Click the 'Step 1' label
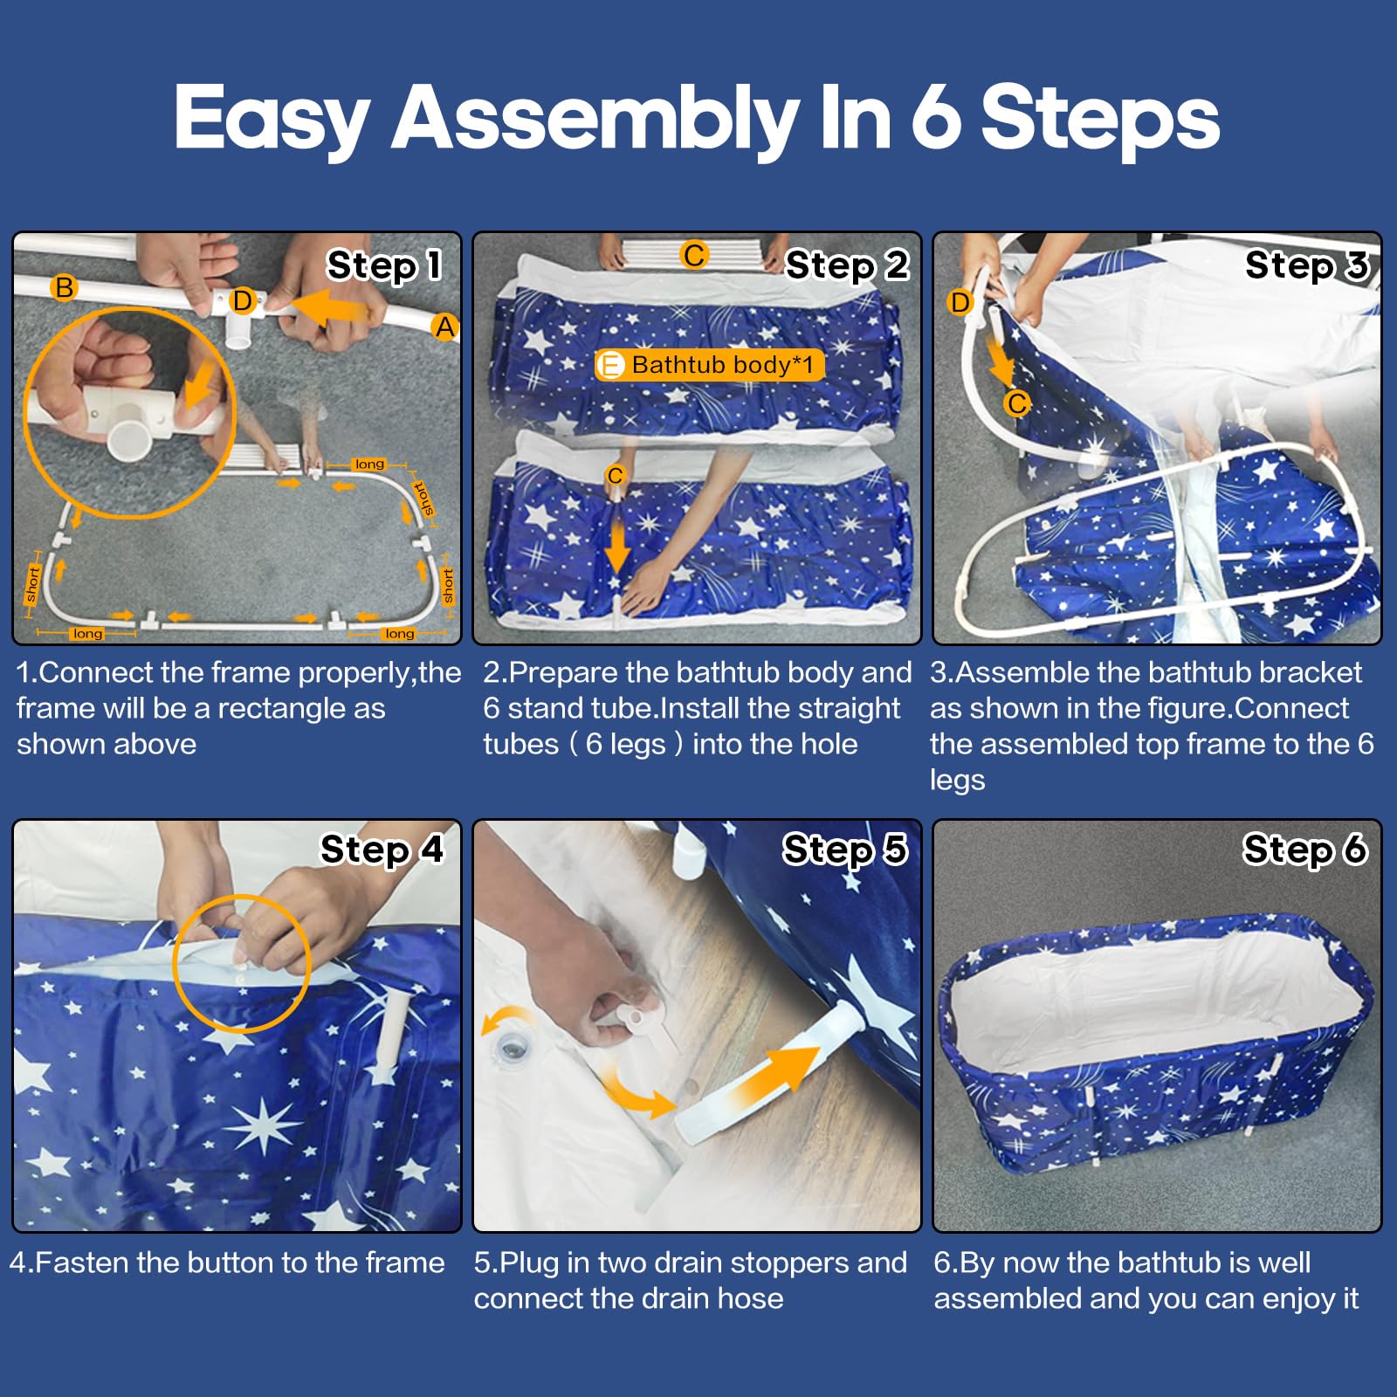(385, 265)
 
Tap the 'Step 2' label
(847, 265)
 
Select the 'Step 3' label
(1307, 265)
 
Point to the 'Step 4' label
(382, 850)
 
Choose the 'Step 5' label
(845, 850)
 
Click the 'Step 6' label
(1305, 850)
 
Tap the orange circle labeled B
(64, 287)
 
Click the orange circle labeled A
(445, 327)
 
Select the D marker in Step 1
(242, 302)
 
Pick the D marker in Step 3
(960, 303)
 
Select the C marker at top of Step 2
(694, 256)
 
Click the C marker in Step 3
(1017, 403)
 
